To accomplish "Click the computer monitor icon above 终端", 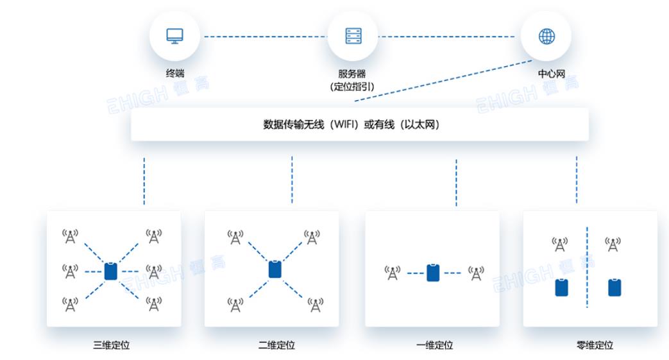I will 174,36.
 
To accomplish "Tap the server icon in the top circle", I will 353,36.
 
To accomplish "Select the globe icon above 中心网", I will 546,36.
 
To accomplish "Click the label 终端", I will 175,73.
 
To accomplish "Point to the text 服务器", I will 352,74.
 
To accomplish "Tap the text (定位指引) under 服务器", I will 352,86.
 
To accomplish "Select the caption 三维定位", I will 112,345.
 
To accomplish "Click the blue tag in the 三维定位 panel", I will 110,271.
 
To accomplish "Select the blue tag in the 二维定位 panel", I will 275,269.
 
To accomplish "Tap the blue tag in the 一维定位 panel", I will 433,272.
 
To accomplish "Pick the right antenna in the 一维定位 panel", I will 475,273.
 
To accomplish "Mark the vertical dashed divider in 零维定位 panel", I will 587,266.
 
